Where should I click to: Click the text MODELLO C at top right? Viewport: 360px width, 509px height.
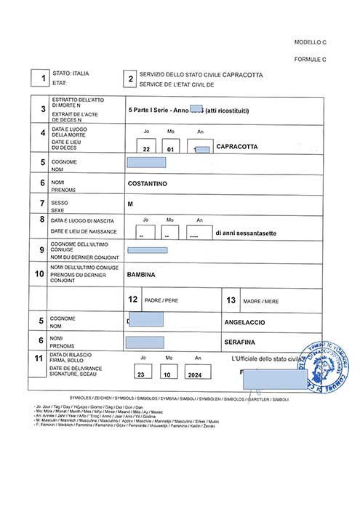[311, 43]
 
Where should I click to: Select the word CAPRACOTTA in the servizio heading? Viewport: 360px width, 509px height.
[243, 75]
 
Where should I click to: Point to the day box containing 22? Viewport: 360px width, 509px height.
[147, 148]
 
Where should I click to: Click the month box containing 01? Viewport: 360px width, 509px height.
[172, 148]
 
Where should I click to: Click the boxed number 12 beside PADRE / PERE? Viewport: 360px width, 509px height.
[132, 299]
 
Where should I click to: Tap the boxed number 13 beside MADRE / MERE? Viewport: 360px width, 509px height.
[231, 299]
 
